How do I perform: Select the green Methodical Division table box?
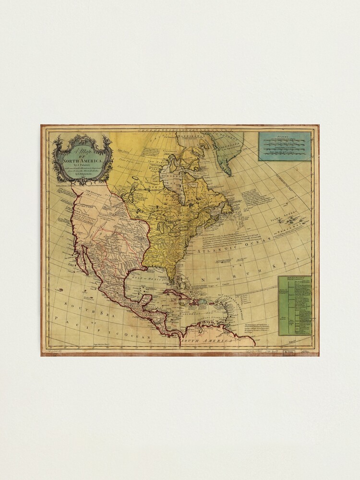pyautogui.click(x=295, y=305)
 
